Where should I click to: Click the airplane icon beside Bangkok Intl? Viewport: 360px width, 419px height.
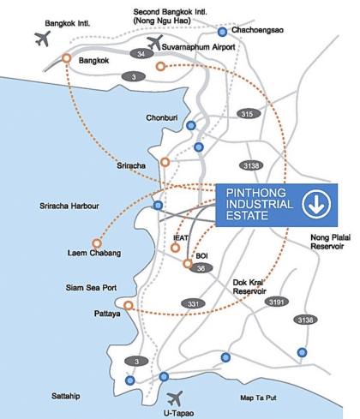pos(42,39)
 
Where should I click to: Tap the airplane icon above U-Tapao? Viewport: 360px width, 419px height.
pos(175,398)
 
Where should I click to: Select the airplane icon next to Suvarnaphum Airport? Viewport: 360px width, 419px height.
pos(155,42)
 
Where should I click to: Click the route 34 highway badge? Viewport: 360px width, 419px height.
pos(141,54)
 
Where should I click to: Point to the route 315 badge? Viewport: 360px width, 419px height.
pos(249,114)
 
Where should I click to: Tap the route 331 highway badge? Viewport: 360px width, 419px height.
pos(193,303)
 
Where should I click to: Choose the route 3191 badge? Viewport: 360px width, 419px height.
pos(277,302)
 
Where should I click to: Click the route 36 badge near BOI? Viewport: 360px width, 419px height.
pos(201,268)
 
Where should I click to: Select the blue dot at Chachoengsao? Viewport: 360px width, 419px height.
pos(222,32)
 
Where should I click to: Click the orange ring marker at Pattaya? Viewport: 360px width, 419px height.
pos(129,306)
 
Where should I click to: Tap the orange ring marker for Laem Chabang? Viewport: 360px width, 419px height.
pos(97,243)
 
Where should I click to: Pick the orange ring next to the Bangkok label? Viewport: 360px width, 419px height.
pos(67,58)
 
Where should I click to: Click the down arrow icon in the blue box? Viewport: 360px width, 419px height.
pos(316,205)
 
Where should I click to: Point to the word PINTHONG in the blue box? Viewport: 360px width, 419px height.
pos(256,193)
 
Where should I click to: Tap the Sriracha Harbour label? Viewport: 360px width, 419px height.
pos(69,206)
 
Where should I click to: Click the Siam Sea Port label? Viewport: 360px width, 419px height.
pos(91,287)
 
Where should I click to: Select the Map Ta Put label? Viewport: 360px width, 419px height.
pos(258,398)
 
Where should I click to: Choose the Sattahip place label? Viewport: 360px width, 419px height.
pos(66,396)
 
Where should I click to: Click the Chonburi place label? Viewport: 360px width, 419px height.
pos(162,117)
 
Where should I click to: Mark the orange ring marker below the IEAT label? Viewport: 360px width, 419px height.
pos(176,248)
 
